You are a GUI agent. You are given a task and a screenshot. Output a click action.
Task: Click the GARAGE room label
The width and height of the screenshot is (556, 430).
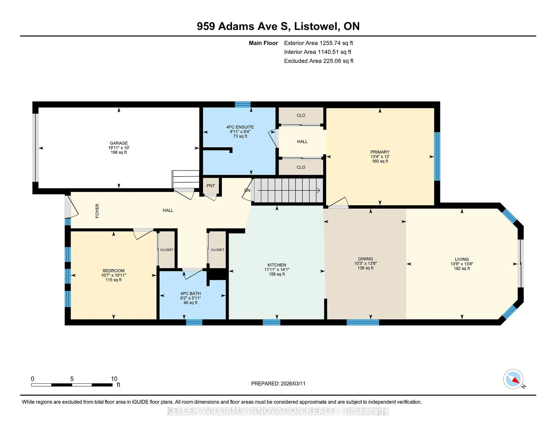click(119, 143)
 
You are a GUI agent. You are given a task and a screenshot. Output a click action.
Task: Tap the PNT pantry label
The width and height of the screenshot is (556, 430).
click(211, 186)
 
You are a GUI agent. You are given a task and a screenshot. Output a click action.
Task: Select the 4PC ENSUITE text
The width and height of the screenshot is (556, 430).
click(240, 127)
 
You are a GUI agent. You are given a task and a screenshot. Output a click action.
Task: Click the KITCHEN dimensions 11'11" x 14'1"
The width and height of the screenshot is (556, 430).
click(277, 269)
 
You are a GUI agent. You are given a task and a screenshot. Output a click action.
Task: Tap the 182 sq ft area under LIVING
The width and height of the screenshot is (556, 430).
click(462, 268)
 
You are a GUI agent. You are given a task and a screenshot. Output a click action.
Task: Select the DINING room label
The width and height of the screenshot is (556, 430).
click(365, 259)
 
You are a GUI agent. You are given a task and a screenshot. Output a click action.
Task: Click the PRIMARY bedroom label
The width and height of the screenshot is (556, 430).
click(380, 152)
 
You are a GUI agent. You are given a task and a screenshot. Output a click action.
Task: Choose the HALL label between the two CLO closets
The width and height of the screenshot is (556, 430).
click(302, 142)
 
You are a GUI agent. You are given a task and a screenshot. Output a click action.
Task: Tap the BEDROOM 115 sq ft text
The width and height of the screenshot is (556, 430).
click(114, 280)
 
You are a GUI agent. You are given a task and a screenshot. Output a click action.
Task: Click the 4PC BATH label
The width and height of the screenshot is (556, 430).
click(190, 294)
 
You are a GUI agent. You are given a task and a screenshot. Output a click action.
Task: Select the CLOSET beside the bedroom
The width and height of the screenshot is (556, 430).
click(167, 250)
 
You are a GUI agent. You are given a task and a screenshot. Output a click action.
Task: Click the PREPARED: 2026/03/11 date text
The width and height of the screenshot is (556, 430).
click(278, 384)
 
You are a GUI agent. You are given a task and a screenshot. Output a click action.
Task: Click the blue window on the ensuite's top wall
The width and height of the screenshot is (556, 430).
click(243, 104)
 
